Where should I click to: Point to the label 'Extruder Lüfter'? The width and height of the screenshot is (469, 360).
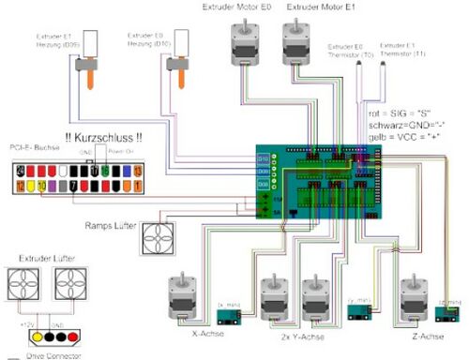click(x=44, y=255)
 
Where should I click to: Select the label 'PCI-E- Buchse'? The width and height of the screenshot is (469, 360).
click(x=32, y=147)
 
